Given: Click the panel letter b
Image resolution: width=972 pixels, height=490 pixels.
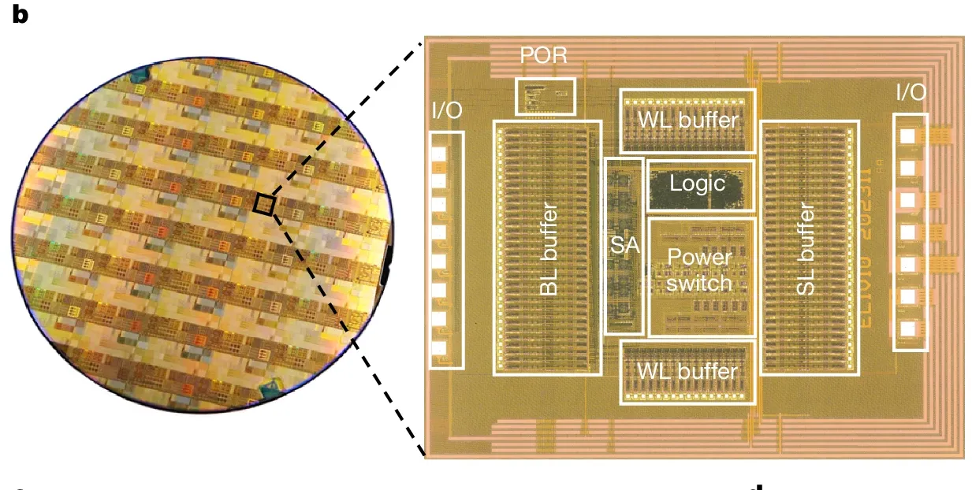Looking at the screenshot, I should (20, 14).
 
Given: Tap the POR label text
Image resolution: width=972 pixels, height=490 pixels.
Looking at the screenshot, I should (544, 58).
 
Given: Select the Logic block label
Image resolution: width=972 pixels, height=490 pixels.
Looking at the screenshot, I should (697, 184).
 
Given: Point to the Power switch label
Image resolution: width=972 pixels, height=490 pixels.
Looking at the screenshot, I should (698, 269).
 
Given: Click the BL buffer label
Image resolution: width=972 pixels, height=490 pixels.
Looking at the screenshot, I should (548, 249).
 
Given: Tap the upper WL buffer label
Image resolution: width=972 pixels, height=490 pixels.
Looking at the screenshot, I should (688, 121).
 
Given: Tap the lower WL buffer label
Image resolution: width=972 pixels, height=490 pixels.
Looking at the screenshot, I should (688, 371).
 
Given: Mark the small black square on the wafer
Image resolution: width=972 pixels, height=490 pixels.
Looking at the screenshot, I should (264, 205).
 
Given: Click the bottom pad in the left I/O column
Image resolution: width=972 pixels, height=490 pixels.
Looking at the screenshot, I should (439, 347).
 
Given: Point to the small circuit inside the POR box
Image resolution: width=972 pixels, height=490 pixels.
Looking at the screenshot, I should (544, 97).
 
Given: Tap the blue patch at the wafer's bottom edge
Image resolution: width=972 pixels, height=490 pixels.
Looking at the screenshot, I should (272, 388).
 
